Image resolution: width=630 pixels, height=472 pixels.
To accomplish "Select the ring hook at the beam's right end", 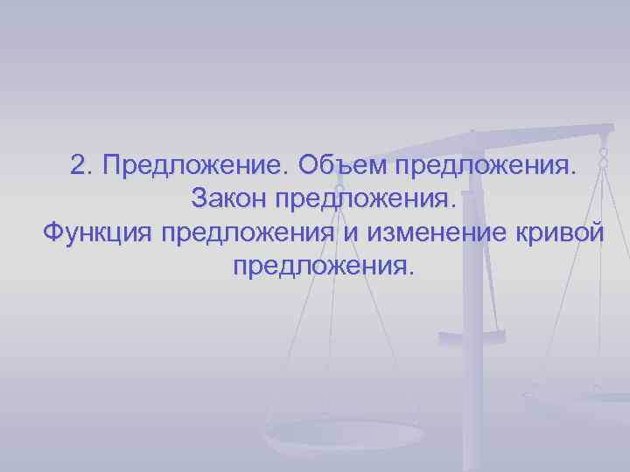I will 604,157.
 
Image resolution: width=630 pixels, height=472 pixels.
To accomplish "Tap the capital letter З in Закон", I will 198,198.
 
